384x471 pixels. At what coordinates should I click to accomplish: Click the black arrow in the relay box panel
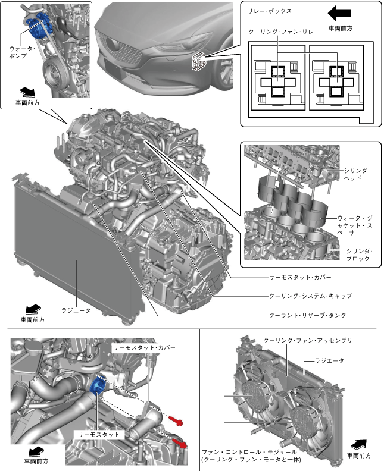pos(340,12)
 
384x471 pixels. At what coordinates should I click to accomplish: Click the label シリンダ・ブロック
pos(358,255)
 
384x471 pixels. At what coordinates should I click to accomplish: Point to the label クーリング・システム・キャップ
pos(310,296)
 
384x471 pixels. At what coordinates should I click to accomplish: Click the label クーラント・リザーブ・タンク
pos(307,315)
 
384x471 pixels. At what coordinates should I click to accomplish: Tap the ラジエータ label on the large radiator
pos(76,310)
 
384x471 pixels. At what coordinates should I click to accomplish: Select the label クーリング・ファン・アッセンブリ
pos(308,340)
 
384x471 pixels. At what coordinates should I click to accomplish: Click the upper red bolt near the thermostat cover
pos(177,421)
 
